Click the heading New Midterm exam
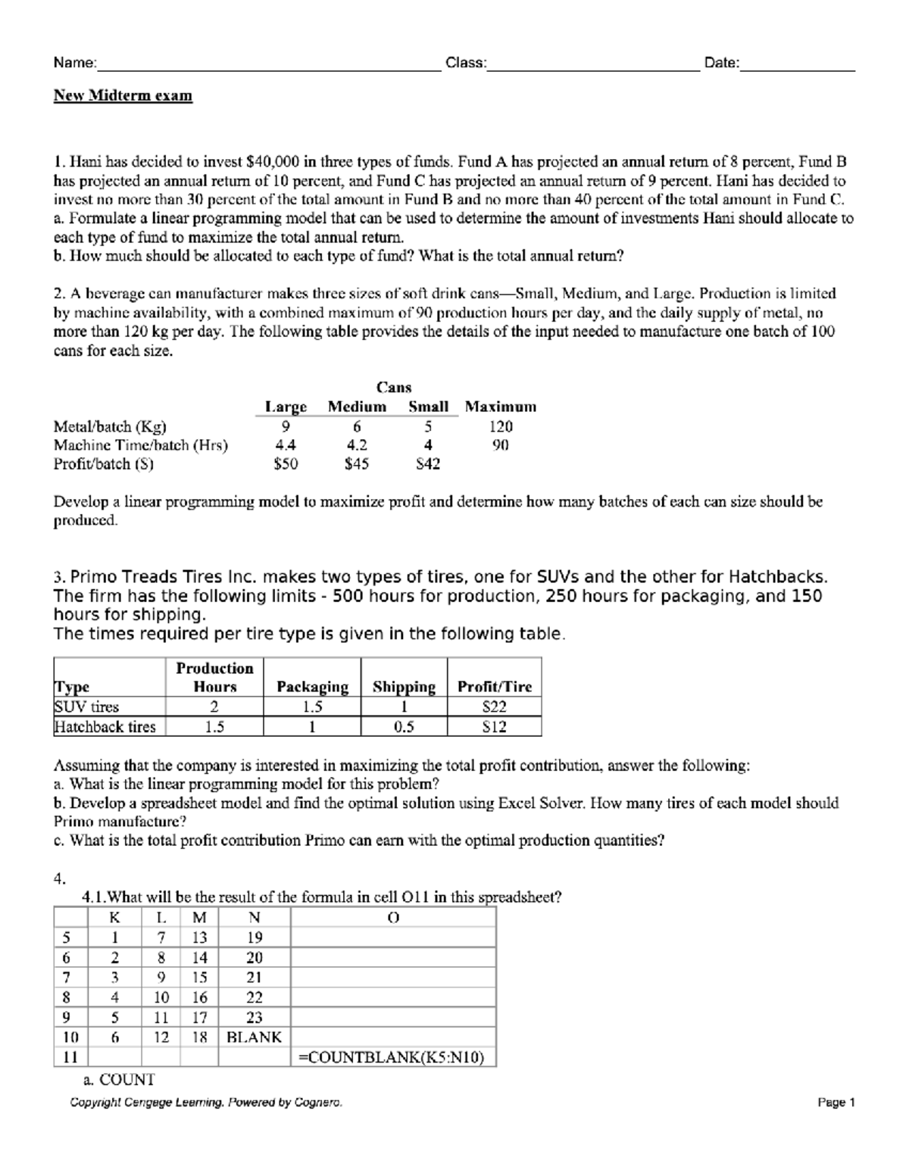point(123,95)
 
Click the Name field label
point(74,63)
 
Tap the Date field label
point(721,63)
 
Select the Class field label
point(466,63)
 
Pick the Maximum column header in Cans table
point(500,407)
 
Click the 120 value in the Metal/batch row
point(500,426)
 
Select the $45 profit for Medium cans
point(356,464)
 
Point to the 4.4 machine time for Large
point(286,445)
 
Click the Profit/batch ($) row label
point(103,464)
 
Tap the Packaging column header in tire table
point(312,687)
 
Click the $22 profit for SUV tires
point(495,707)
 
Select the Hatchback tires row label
point(105,727)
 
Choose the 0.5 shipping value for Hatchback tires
point(404,727)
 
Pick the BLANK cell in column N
point(254,1037)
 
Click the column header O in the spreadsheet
point(392,918)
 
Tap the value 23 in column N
point(255,1018)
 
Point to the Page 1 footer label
point(836,1103)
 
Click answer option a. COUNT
point(118,1080)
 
